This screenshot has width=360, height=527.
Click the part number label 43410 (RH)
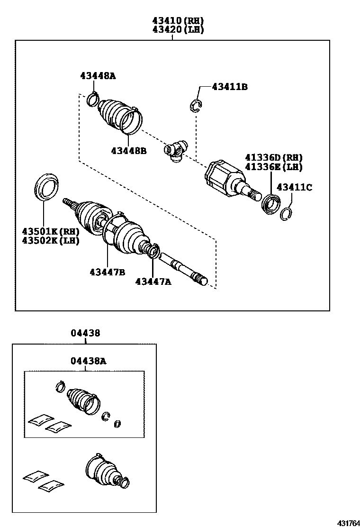coord(178,21)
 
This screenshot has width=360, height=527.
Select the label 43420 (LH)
coord(178,29)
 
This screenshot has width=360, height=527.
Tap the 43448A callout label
coord(98,75)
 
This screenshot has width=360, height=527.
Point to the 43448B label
coord(129,151)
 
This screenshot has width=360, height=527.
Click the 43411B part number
coord(230,87)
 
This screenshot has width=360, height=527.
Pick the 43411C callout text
coord(294,187)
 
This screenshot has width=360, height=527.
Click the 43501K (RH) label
coord(50,231)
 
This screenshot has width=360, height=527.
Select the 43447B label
coord(107,272)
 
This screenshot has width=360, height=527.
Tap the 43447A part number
coord(153,282)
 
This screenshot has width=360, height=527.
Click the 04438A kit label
coord(89,361)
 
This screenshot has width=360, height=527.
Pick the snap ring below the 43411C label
coord(286,214)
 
